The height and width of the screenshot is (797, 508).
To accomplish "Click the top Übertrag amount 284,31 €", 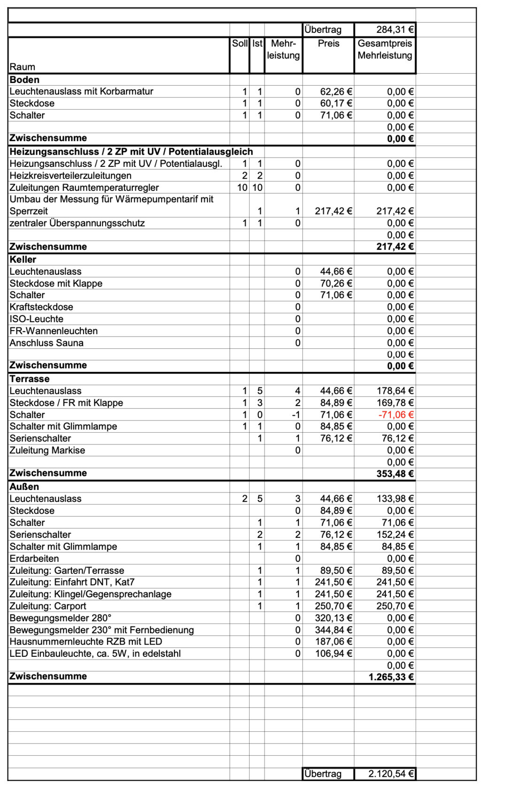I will point(394,30).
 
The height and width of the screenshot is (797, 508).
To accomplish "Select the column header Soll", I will point(240,44).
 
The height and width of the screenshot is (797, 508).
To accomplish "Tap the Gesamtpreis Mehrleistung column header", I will point(385,49).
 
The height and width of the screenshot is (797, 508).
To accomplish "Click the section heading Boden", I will point(24,80).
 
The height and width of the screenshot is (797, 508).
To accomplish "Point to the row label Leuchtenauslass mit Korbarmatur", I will point(81,91).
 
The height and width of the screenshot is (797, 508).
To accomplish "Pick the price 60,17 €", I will point(336,104).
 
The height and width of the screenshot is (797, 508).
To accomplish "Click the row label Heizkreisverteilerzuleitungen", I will point(70,176).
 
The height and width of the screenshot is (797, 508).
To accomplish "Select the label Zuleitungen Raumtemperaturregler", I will point(84,188).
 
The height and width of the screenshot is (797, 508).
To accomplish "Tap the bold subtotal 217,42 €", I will point(394,247).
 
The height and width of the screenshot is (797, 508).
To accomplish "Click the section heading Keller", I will point(23,260).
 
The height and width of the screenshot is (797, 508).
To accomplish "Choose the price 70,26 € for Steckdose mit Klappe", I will point(336,284).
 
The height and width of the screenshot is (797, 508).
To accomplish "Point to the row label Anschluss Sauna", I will point(46,343).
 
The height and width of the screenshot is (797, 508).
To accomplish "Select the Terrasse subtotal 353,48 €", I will point(394,474).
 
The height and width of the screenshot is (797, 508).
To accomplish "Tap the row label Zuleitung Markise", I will point(47,451).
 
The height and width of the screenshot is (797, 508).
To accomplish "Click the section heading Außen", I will point(24,487).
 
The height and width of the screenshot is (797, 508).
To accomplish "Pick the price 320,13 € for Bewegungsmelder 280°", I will point(333,618).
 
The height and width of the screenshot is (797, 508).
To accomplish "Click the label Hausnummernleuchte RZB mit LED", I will point(85,642).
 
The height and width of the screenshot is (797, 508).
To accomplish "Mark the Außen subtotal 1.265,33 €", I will point(391,677).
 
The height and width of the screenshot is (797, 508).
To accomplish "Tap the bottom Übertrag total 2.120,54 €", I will point(391,774).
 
